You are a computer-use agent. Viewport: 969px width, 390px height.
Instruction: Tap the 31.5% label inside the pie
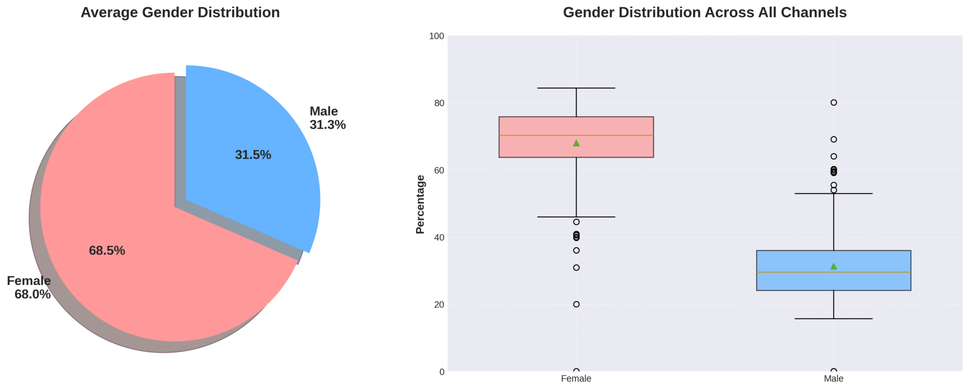point(253,155)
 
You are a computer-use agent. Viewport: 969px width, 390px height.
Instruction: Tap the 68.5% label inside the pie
point(107,251)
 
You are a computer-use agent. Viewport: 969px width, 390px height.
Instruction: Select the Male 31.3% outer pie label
point(327,118)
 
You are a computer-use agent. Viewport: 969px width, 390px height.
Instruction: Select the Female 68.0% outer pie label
point(29,287)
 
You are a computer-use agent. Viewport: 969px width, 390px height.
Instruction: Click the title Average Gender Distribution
point(180,12)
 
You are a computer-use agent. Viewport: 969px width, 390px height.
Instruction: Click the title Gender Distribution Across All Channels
point(705,12)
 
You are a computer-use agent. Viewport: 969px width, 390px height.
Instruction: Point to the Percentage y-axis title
point(420,204)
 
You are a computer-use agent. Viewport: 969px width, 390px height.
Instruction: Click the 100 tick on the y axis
point(436,36)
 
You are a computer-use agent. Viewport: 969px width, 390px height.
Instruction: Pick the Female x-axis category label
point(576,379)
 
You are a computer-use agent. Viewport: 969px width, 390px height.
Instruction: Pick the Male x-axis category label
point(833,379)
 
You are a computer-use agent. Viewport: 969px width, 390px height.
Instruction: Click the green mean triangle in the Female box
point(576,143)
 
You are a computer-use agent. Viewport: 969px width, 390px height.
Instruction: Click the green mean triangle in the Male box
point(834,266)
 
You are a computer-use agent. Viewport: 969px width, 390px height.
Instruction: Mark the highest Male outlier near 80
point(834,103)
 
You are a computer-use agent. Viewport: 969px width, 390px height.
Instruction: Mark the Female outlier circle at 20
point(576,304)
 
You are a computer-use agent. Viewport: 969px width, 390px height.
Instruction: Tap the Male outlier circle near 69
point(834,139)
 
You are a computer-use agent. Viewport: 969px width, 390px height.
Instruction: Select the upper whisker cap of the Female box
point(576,88)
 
